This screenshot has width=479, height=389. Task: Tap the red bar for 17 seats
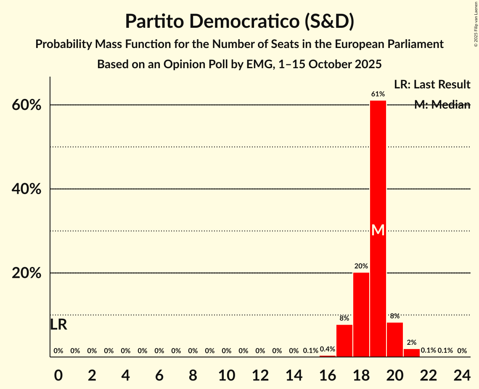[344, 341]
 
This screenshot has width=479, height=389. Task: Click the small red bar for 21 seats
[412, 353]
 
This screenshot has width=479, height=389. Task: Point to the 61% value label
[378, 94]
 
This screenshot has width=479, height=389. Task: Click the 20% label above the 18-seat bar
[361, 266]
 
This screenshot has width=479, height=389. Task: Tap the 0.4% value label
[328, 349]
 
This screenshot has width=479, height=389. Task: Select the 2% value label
[412, 342]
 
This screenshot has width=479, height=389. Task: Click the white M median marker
[378, 230]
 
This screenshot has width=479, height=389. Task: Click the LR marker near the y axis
[58, 325]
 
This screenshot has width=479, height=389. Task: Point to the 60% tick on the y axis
[26, 105]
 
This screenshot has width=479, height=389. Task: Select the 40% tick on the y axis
[26, 189]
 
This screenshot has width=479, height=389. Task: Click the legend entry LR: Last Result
[432, 85]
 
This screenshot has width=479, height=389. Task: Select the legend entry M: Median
[442, 105]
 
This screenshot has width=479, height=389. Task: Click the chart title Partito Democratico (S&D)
[239, 21]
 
